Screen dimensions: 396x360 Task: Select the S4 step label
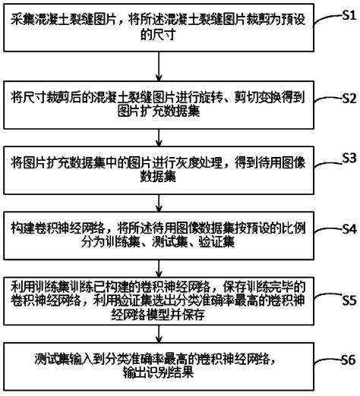pyautogui.click(x=347, y=228)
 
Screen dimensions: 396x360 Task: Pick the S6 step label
pyautogui.click(x=347, y=359)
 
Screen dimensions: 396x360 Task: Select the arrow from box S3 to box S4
pyautogui.click(x=156, y=200)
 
